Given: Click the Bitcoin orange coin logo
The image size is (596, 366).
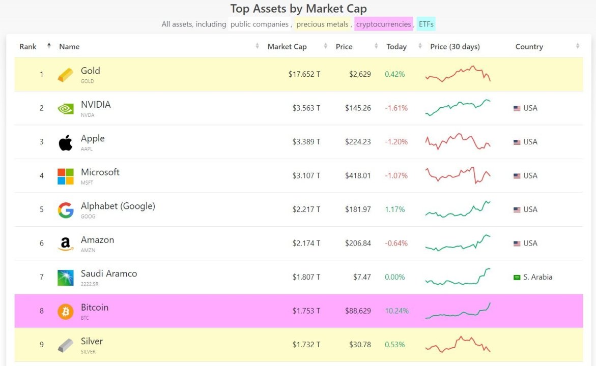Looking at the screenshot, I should point(66,311).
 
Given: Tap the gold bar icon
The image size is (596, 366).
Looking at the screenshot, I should point(66,75).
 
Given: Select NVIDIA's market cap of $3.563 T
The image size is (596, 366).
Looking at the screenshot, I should point(306,108).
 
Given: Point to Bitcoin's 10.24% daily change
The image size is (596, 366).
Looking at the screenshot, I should point(397,311).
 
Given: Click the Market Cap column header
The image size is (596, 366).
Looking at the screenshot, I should point(287,47).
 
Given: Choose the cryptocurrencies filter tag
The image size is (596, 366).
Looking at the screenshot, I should point(383,24).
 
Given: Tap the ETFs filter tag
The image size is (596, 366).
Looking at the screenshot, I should point(426,24).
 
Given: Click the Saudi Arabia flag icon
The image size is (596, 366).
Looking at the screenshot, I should point(517,277).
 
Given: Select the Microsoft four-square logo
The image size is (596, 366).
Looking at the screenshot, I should point(66,176).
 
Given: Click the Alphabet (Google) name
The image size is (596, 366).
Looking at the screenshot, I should point(118,206).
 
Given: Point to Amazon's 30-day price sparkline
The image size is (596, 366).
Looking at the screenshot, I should point(458,242).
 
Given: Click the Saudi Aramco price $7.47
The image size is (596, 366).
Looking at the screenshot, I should point(362,277).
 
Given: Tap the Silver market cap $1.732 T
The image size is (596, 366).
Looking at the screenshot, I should point(306,345).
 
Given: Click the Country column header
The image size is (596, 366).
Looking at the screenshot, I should point(529,47).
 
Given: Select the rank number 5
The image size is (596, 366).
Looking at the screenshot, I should point(42,209).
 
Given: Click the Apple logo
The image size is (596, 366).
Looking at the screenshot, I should point(66,142).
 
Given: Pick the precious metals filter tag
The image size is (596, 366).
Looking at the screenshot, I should point(322,24).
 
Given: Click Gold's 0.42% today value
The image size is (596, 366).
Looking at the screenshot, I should point(394,74).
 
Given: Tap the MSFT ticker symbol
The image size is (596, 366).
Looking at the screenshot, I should point(87,182).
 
